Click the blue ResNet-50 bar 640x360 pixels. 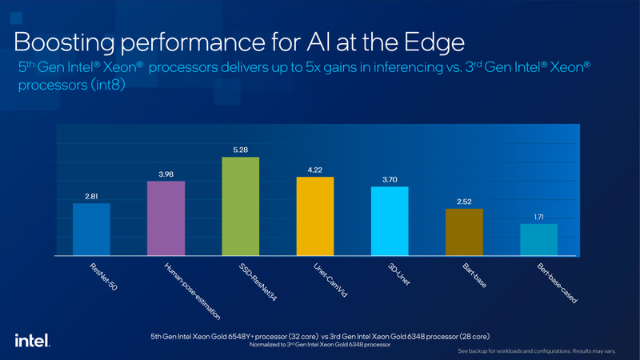pyautogui.click(x=91, y=230)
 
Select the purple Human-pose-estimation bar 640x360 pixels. pyautogui.click(x=166, y=218)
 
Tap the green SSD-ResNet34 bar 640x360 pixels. pyautogui.click(x=240, y=206)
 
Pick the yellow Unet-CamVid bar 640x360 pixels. pyautogui.click(x=314, y=216)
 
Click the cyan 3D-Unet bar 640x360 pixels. pyautogui.click(x=390, y=221)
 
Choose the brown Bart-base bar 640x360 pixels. pyautogui.click(x=464, y=232)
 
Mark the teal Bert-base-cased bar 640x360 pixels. pyautogui.click(x=538, y=240)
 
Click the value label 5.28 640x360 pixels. pyautogui.click(x=240, y=148)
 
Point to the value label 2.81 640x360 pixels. pyautogui.click(x=91, y=194)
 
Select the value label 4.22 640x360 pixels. pyautogui.click(x=314, y=168)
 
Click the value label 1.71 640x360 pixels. pyautogui.click(x=538, y=215)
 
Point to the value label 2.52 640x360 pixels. pyautogui.click(x=464, y=200)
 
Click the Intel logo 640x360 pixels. pyautogui.click(x=30, y=340)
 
